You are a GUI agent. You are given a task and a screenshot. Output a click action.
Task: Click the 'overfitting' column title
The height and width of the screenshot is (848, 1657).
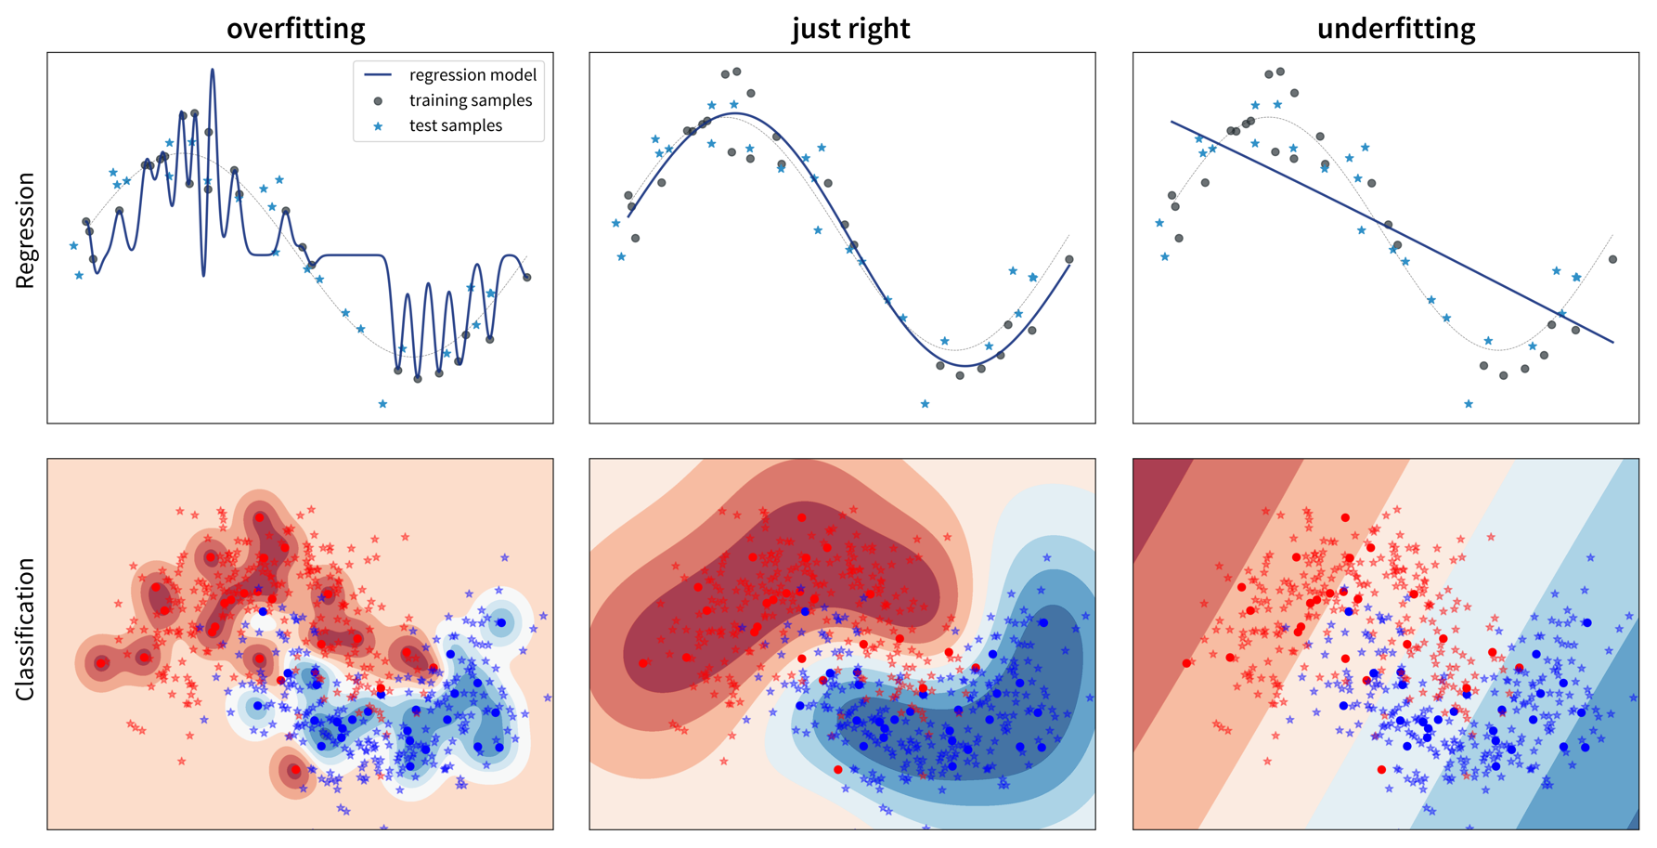tap(295, 29)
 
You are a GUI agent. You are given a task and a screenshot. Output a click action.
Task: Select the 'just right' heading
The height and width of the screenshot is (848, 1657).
tap(850, 29)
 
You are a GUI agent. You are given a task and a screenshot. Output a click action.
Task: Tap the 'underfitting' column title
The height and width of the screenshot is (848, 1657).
tap(1395, 29)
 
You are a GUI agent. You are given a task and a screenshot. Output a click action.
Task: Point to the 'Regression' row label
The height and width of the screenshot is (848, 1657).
tap(25, 230)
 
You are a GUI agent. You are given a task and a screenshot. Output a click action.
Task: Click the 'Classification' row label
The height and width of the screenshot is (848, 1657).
tap(25, 629)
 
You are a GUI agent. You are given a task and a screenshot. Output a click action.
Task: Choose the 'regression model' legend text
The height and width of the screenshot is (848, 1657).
tap(473, 75)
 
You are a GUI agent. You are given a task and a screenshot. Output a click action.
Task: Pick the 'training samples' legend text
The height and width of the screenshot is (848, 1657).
tap(471, 100)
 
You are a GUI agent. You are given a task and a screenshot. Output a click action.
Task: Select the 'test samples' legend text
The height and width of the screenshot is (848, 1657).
tap(455, 125)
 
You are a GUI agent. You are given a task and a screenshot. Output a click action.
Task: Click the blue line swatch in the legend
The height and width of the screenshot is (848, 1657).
tap(378, 75)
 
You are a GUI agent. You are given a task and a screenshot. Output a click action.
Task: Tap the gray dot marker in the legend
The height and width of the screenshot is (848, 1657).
tap(378, 100)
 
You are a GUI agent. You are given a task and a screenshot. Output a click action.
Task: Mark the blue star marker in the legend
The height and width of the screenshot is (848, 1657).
tap(378, 126)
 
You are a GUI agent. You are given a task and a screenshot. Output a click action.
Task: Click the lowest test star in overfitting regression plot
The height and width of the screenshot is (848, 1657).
tap(382, 404)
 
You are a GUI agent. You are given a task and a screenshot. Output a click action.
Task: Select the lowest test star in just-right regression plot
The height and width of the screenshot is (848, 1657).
tap(925, 404)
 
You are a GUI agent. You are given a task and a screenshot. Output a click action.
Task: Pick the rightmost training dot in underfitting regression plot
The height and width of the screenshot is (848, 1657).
tap(1612, 260)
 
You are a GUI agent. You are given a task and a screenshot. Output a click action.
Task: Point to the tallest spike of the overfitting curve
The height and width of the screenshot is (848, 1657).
tap(213, 70)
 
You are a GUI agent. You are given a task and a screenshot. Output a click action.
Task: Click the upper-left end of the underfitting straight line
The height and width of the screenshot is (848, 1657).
tap(1172, 122)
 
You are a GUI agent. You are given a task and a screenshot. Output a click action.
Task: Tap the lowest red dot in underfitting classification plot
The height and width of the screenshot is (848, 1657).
tap(1381, 770)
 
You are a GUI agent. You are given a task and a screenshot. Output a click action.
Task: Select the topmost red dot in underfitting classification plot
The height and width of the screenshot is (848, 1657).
tap(1345, 517)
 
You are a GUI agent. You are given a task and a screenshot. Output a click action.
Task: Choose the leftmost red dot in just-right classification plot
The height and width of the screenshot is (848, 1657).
tap(643, 663)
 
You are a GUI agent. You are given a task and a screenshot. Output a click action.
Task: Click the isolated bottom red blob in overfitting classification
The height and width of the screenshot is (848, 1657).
tap(294, 770)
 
